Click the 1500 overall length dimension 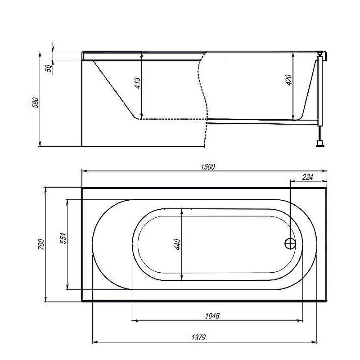[208, 166]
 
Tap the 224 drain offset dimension [307, 177]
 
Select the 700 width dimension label [41, 244]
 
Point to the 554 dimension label [63, 238]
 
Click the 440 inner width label [177, 244]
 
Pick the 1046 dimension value [212, 316]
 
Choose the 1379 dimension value [198, 337]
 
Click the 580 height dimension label [36, 103]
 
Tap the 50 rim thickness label [49, 68]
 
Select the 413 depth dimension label [137, 83]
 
